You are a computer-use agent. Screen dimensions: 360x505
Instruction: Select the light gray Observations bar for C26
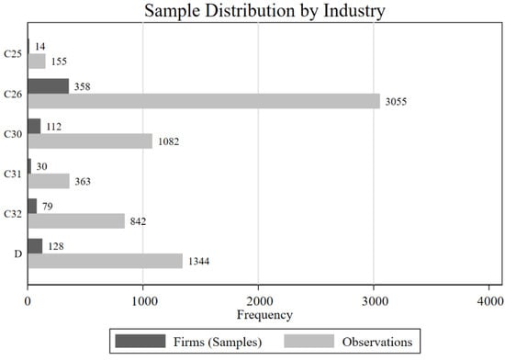click(x=203, y=101)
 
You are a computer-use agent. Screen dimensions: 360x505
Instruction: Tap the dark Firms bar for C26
click(x=48, y=85)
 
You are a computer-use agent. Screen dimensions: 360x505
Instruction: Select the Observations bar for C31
click(x=48, y=181)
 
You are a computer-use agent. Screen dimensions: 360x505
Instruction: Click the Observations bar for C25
click(x=36, y=62)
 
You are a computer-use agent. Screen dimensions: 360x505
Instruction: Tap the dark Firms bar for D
click(x=35, y=245)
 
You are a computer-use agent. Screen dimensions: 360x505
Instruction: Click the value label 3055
click(x=395, y=102)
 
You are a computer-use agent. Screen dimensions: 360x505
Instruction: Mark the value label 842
click(x=137, y=221)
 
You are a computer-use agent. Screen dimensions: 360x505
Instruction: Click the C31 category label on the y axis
click(x=14, y=174)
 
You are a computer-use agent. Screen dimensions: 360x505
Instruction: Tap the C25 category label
click(x=14, y=54)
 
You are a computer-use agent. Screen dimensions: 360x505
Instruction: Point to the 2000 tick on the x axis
click(x=258, y=301)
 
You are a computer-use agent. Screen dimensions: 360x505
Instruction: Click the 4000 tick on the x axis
click(x=488, y=301)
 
